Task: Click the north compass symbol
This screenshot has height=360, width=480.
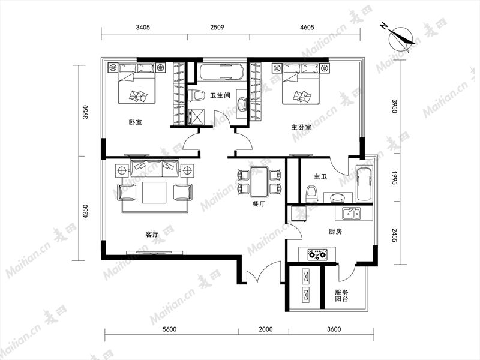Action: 400,39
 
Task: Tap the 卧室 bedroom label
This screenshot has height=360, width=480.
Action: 135,122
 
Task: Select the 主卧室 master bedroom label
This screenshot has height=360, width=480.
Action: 301,127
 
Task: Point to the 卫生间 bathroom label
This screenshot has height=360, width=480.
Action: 220,95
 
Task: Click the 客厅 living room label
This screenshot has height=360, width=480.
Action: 152,235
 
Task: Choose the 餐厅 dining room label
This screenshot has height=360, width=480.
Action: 259,204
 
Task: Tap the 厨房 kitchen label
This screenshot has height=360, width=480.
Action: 335,232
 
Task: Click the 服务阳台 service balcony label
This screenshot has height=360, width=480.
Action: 341,295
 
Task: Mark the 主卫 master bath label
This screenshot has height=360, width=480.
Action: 320,176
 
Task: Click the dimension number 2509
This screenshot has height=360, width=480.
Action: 217,27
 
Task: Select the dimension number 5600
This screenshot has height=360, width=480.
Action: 169,329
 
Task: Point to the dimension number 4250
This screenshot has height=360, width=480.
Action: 85,212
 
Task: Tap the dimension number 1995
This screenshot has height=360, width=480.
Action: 394,178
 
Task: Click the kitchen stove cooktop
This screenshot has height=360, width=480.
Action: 317,254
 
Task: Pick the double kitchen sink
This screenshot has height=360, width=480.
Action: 352,213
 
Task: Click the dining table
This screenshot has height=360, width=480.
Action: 259,182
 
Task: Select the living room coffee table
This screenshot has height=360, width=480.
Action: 154,193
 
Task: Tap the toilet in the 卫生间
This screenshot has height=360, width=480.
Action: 196,95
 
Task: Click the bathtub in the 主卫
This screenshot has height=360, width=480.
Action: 364,184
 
